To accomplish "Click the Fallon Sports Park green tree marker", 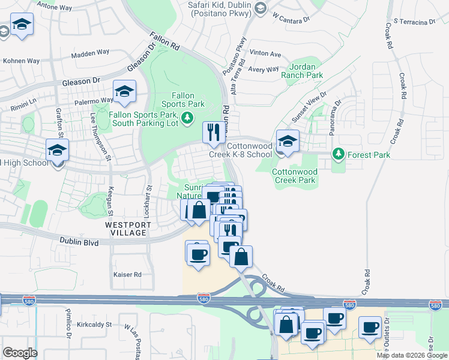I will point(188,116).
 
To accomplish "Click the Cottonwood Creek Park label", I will point(294,176).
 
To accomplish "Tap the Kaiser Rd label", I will point(127,274).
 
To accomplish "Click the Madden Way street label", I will point(89,54).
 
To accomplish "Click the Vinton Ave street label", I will point(265,54).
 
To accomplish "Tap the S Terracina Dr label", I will point(414,22).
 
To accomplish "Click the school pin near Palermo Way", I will point(124,92).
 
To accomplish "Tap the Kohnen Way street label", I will point(21,61).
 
